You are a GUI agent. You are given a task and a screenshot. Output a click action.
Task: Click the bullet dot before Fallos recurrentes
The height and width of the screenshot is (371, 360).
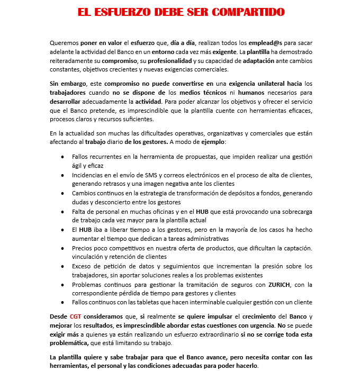coord(63,157)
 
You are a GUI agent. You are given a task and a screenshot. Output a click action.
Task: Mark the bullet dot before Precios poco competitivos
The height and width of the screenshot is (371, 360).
coord(63,248)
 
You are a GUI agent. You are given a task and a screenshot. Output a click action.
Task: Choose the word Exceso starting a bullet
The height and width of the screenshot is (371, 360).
coord(83,266)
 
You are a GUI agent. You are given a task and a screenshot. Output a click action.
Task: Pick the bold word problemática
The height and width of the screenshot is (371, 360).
coord(74,343)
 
